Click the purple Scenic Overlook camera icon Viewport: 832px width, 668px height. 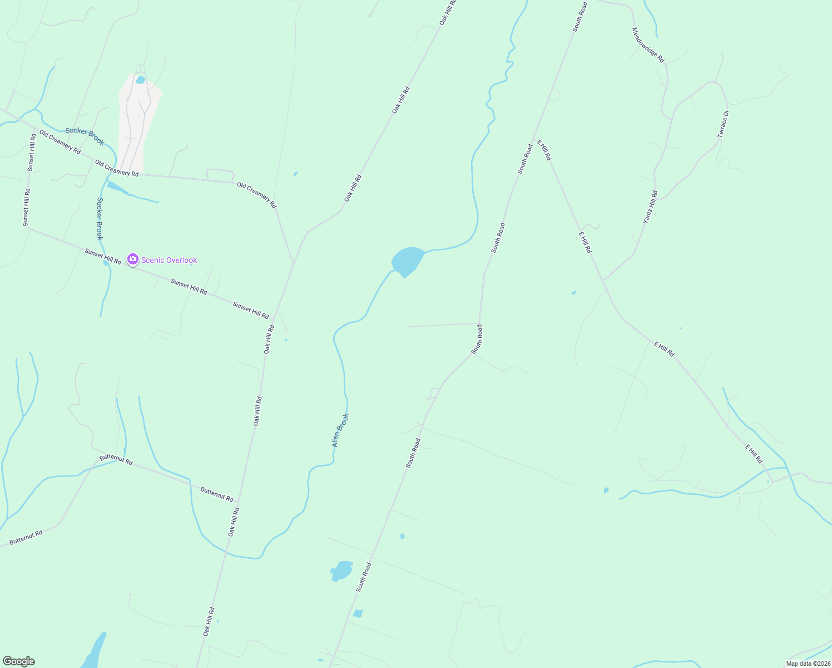tap(132, 259)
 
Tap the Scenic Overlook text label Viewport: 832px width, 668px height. tap(169, 260)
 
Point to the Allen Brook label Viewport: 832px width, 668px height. tap(340, 430)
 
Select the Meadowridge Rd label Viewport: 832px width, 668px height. tap(648, 45)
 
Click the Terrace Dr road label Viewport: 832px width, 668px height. tap(723, 124)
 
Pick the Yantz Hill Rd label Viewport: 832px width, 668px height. tap(650, 207)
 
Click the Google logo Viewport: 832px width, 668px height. tap(18, 661)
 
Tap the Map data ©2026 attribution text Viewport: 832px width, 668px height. tap(808, 664)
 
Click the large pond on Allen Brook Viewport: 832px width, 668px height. tap(408, 261)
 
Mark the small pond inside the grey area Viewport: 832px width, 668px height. tap(140, 80)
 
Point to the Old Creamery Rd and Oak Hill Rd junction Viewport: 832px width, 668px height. tap(293, 263)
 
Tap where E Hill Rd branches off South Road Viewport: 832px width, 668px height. tap(534, 139)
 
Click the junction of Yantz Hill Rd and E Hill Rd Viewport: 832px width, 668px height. tap(603, 280)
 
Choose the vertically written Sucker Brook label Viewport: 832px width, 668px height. tap(100, 218)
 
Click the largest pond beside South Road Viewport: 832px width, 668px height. tap(341, 570)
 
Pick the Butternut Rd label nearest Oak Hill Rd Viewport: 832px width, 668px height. tap(216, 494)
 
